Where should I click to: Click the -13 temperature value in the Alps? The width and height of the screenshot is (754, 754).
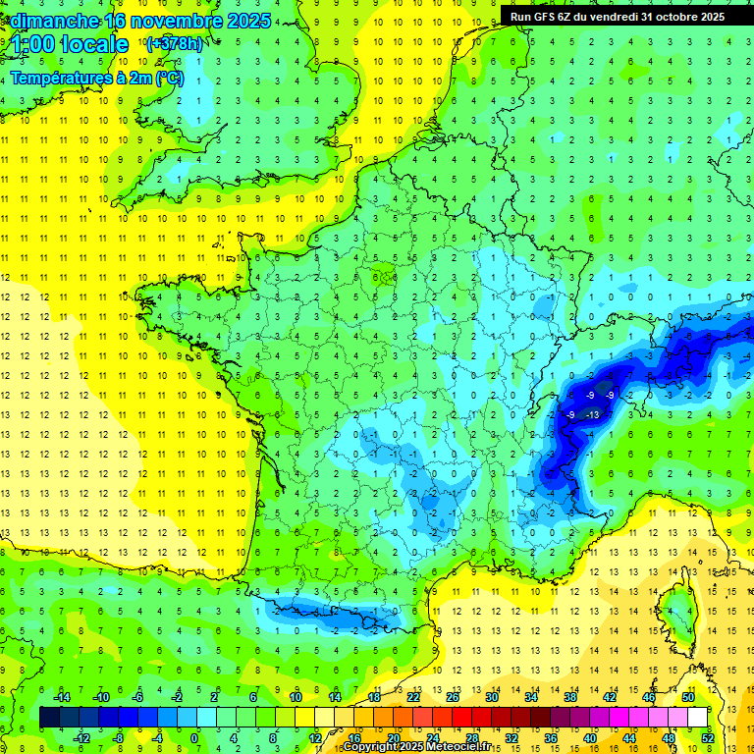591,415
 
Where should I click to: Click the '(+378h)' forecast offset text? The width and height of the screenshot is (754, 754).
176,44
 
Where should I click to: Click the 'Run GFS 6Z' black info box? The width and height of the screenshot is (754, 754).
617,16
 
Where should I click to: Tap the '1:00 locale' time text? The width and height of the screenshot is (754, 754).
70,44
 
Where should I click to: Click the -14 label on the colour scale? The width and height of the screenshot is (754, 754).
61,696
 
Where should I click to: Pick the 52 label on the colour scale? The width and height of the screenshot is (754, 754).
708,737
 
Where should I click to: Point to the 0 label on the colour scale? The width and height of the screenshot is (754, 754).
194,737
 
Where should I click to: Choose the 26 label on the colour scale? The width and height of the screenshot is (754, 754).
453,696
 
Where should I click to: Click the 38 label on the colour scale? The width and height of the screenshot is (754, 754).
569,696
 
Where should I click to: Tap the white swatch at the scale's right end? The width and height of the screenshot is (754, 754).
698,717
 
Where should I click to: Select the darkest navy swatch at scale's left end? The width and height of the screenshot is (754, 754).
50,717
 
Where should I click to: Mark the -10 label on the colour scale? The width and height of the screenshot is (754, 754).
100,696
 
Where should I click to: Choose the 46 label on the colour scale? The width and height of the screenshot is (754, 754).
649,696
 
